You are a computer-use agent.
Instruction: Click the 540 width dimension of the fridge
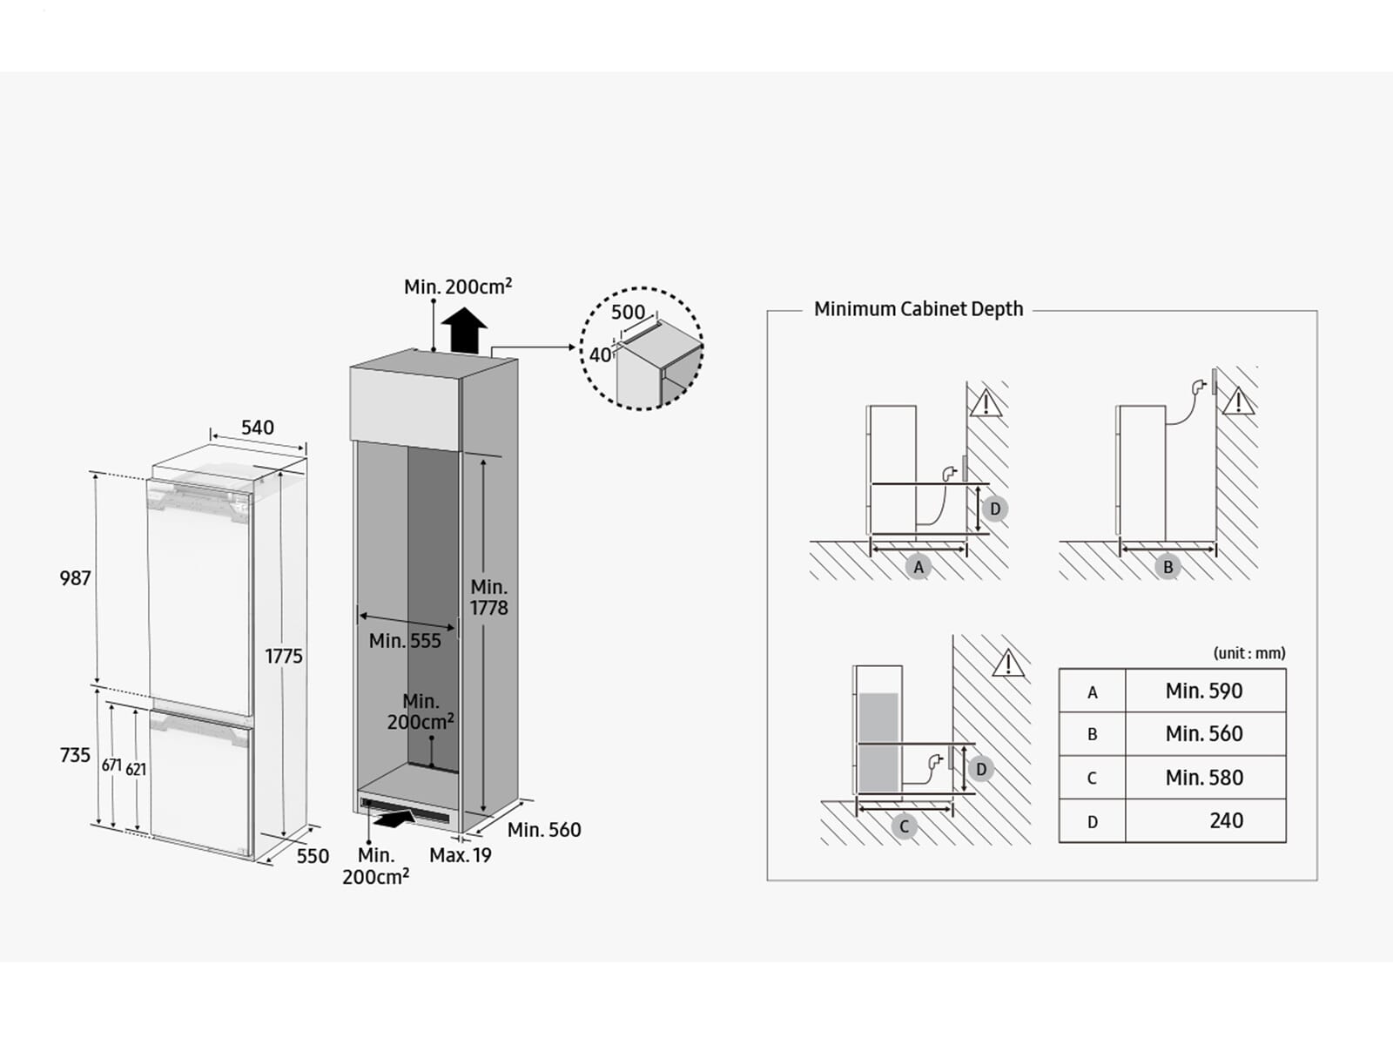click(x=258, y=428)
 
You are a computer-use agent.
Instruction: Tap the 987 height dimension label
click(x=75, y=578)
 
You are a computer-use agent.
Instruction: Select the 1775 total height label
click(x=284, y=656)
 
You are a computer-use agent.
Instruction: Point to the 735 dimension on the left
click(x=75, y=755)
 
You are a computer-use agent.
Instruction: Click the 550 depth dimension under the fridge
click(x=313, y=856)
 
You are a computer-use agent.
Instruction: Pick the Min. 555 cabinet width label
click(x=405, y=641)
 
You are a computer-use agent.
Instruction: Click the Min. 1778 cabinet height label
click(x=489, y=597)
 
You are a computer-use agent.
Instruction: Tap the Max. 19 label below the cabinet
click(x=461, y=855)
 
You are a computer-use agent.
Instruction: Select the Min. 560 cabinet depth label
click(x=544, y=830)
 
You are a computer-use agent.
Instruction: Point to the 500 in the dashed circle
click(x=628, y=312)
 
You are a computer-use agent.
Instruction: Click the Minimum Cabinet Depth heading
click(x=919, y=309)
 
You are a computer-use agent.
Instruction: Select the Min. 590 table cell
click(x=1204, y=691)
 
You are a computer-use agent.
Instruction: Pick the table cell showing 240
click(x=1226, y=820)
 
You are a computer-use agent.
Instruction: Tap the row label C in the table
click(x=1092, y=778)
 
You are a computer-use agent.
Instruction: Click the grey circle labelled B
click(x=1168, y=567)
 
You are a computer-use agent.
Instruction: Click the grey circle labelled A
click(x=918, y=567)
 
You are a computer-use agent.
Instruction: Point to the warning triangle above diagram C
click(x=1008, y=664)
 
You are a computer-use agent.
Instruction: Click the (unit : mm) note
click(x=1249, y=653)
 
